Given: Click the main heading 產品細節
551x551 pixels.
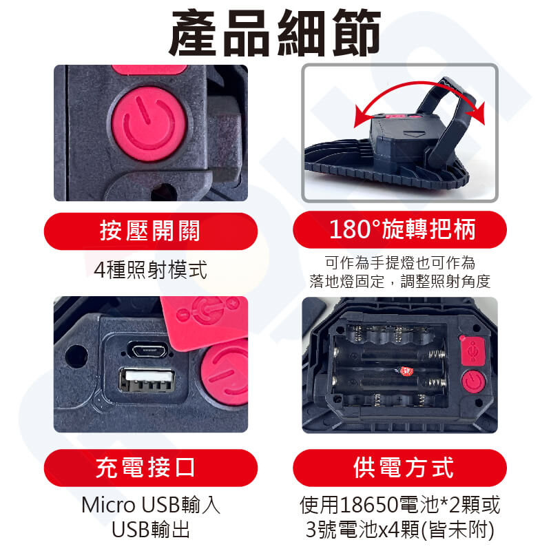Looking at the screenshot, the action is coord(274,32).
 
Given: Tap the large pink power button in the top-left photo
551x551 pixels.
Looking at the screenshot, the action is coord(149,124).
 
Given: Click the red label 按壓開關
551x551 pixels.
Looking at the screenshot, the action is coord(150,231).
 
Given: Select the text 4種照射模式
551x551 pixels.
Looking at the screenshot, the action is coord(150,269).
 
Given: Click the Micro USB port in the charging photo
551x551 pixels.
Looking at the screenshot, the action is coord(147,350).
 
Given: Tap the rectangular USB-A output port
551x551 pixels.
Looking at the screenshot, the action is coord(147,380).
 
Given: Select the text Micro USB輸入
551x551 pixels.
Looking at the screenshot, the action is coord(151,505).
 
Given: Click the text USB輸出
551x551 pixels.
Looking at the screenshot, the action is coord(151,529).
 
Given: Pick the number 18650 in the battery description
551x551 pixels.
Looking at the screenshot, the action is coord(369,505).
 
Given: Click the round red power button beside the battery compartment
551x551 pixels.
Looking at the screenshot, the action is coord(473,381).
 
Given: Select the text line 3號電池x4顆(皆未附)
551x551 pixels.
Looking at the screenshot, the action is coord(400,530).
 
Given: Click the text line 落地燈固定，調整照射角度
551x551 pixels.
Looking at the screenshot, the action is coord(400,281).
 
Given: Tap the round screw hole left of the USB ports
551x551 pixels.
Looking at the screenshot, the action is coord(76,356).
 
